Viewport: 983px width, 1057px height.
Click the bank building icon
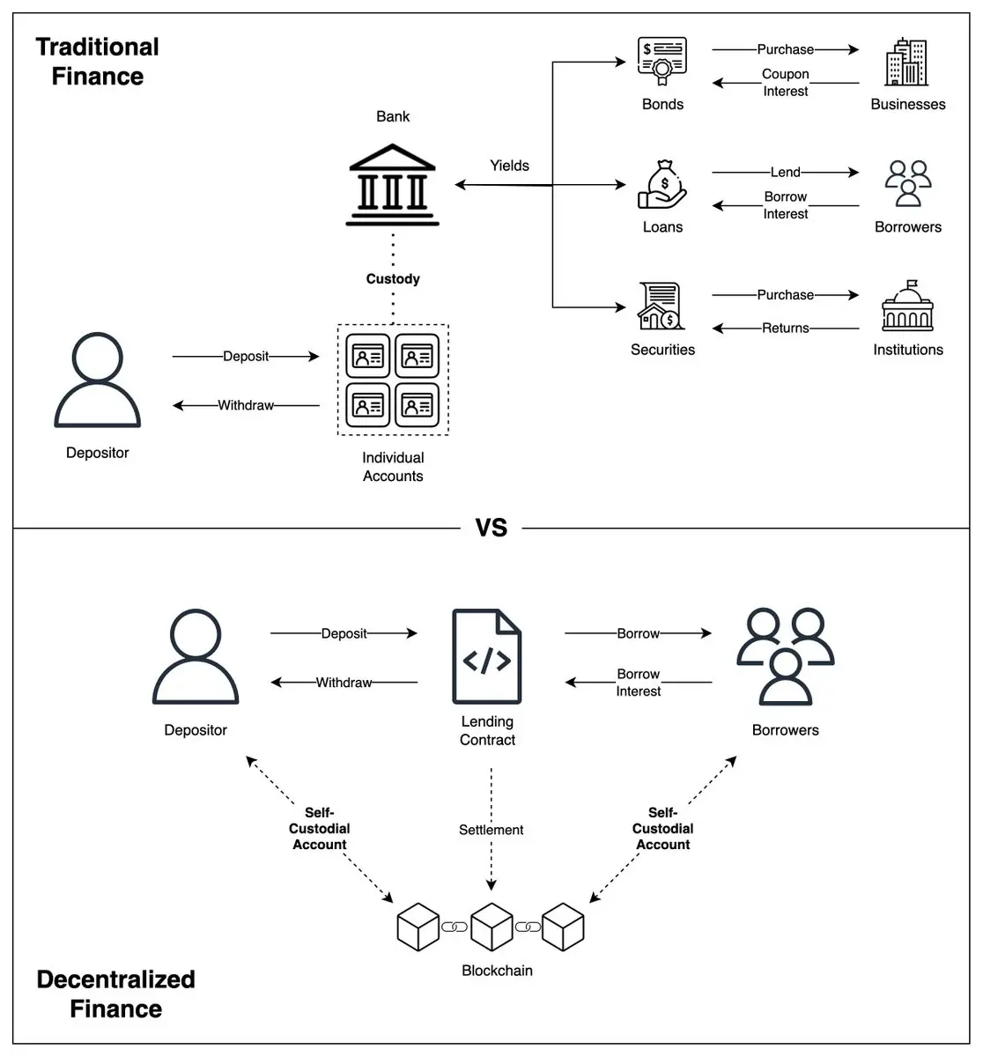point(393,184)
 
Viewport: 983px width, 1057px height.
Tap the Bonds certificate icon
point(662,62)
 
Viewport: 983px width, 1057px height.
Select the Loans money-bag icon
point(662,184)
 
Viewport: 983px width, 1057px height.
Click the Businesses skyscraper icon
point(907,63)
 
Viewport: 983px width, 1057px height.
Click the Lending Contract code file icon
point(487,656)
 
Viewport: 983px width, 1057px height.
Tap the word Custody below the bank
point(393,279)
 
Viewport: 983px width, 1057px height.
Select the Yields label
point(509,166)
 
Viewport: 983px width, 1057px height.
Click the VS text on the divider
point(491,528)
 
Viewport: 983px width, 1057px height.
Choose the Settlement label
point(491,830)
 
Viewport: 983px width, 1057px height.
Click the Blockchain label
point(497,971)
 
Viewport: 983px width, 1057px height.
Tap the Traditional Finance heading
point(98,62)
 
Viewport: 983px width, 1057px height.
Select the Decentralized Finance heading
point(115,994)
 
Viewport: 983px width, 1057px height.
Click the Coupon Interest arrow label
point(786,83)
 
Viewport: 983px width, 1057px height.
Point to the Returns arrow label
point(786,328)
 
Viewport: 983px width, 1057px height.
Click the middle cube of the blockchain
point(491,926)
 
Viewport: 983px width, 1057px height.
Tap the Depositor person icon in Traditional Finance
point(97,381)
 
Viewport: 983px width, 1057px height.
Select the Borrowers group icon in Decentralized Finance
point(785,656)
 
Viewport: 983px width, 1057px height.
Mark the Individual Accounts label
point(393,467)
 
